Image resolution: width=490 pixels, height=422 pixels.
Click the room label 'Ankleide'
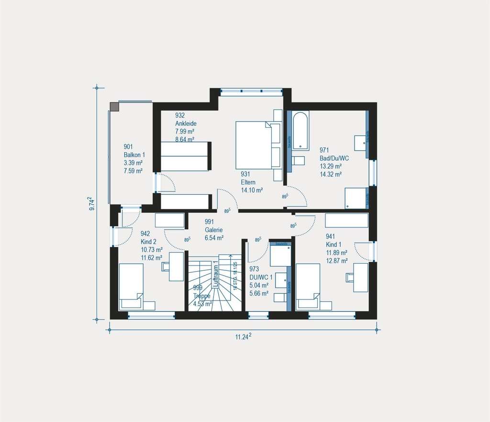pyautogui.click(x=186, y=123)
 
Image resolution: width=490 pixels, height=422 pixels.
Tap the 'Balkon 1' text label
pyautogui.click(x=134, y=155)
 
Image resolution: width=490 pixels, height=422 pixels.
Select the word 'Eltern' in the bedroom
pyautogui.click(x=248, y=182)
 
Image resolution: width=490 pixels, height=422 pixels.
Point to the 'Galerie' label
pyautogui.click(x=214, y=230)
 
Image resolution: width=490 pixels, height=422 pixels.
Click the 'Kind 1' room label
pyautogui.click(x=334, y=244)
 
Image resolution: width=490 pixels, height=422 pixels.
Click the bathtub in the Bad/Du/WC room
pyautogui.click(x=301, y=130)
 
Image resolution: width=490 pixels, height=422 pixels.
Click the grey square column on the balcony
pyautogui.click(x=114, y=106)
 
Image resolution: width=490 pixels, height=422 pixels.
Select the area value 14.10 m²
pyautogui.click(x=252, y=190)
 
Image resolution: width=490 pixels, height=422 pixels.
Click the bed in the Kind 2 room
pyautogui.click(x=131, y=287)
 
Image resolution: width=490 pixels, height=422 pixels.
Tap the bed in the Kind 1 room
pyautogui.click(x=308, y=287)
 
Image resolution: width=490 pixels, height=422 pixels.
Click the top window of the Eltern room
pyautogui.click(x=251, y=90)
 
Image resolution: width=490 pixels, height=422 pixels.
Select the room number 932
pyautogui.click(x=180, y=115)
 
